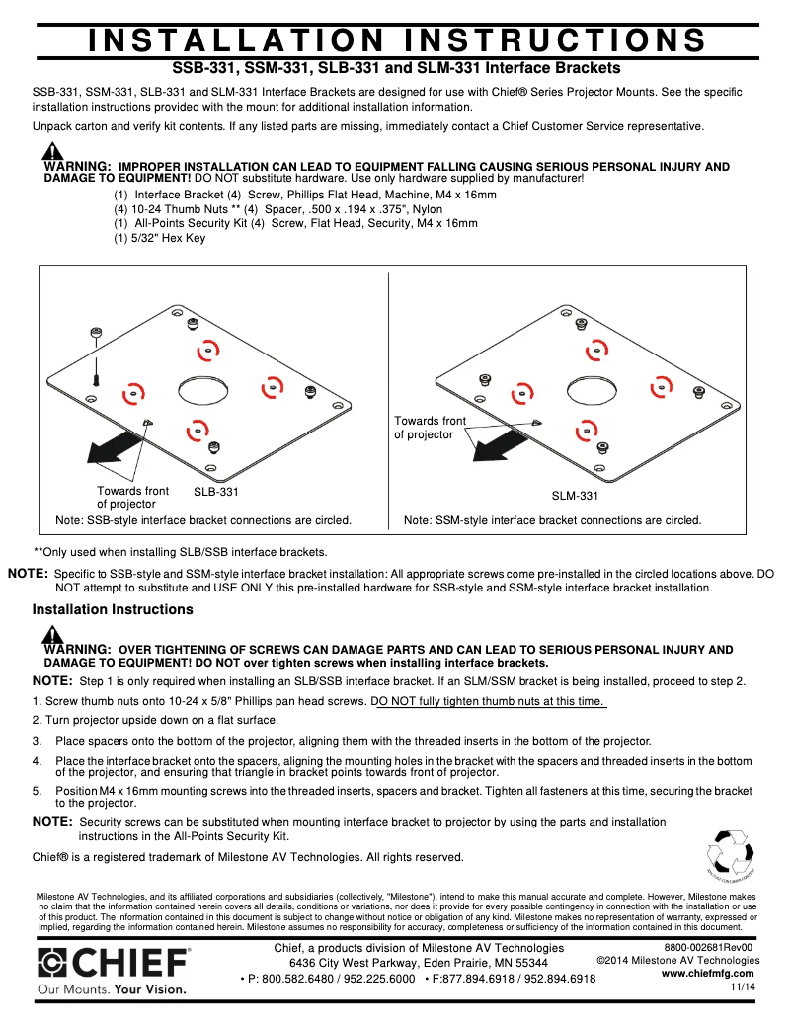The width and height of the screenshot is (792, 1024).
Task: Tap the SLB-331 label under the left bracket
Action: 216,491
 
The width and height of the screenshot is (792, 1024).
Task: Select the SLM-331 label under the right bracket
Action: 575,496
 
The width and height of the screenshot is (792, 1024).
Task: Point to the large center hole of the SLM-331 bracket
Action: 590,388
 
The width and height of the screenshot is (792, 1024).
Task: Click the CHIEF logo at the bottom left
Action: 114,962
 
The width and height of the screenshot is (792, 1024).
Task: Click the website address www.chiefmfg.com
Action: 708,973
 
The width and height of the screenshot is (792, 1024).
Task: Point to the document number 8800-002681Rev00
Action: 708,947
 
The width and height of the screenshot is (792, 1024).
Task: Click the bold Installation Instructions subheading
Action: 113,610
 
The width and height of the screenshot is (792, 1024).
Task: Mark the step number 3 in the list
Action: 37,741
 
